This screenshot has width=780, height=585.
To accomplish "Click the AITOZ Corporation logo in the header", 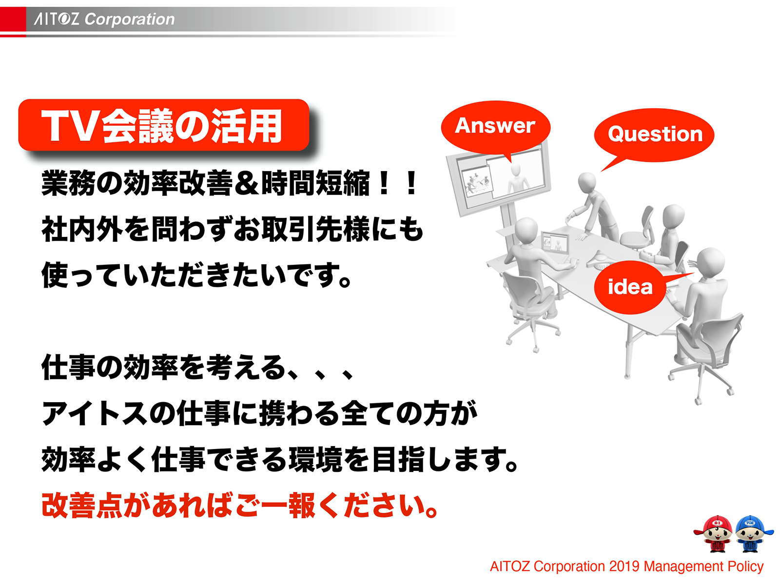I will tap(104, 19).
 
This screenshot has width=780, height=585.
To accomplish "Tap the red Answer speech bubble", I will tap(495, 126).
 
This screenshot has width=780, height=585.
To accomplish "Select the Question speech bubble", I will tap(654, 134).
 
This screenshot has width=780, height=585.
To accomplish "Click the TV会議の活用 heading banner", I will tap(163, 125).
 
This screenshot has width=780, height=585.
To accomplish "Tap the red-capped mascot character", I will tap(714, 533).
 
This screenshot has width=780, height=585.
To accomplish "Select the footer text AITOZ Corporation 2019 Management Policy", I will tap(626, 566).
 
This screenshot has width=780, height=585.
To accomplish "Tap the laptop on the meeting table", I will tap(556, 242).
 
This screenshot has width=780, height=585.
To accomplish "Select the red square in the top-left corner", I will tap(13, 19).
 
